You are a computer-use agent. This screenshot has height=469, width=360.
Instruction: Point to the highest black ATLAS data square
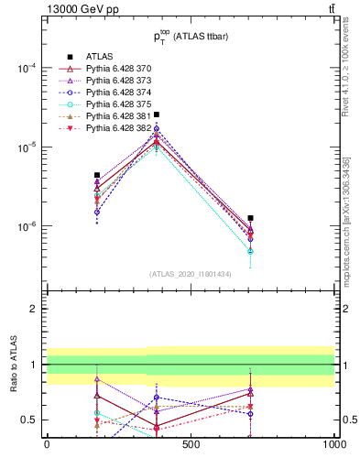[x=157, y=115]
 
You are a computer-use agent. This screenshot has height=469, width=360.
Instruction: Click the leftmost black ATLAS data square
[x=97, y=175]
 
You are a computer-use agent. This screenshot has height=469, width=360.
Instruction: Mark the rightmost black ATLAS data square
[x=250, y=218]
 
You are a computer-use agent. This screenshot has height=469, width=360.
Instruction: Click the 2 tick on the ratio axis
[x=35, y=309]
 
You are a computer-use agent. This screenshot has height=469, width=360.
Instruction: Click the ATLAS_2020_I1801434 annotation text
[x=191, y=274]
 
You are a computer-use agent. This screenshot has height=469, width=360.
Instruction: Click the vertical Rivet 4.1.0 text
[x=346, y=82]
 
